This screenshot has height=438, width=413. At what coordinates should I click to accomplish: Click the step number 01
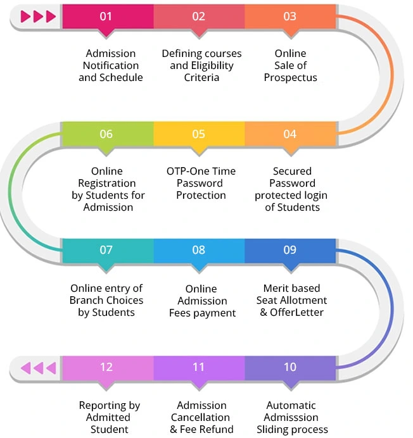(x=106, y=16)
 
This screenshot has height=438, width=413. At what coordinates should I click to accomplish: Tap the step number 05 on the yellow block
(x=199, y=134)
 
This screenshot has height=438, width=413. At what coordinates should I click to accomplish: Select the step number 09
(x=289, y=249)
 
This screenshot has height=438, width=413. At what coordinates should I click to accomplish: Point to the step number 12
(x=106, y=366)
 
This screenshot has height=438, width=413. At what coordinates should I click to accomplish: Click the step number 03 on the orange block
(x=289, y=16)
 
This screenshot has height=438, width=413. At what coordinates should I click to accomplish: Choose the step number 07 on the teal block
(x=106, y=249)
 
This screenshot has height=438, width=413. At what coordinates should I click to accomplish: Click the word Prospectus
(x=291, y=78)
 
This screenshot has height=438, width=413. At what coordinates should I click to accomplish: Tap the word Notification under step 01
(x=111, y=66)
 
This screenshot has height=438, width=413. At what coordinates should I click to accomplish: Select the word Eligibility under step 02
(x=212, y=66)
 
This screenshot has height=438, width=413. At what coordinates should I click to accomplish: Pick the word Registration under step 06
(x=107, y=184)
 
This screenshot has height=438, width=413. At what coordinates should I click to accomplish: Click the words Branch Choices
(x=106, y=301)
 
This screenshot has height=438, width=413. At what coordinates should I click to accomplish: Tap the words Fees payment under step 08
(x=202, y=313)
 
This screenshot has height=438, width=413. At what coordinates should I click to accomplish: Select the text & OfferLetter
(x=291, y=313)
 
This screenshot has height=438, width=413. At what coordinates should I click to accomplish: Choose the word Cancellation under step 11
(x=202, y=418)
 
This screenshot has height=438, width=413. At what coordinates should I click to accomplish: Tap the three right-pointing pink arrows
(x=38, y=16)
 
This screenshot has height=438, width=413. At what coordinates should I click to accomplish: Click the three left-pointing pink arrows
(x=39, y=367)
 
